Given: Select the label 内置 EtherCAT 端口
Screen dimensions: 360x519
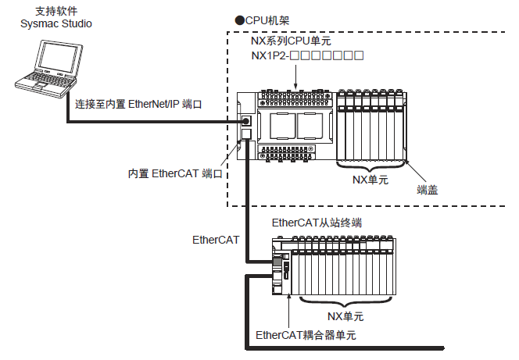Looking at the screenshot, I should (177, 173).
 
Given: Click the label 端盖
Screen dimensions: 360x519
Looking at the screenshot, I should (427, 188).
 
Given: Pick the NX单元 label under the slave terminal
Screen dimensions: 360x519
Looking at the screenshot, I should (345, 316).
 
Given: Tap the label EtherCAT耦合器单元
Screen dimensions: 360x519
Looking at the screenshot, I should (306, 334).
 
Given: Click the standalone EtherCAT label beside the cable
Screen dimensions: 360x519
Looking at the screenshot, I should (216, 240).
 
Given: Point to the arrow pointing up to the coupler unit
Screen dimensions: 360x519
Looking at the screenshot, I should (288, 312).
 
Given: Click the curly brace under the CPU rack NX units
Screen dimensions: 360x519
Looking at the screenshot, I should (370, 166).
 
